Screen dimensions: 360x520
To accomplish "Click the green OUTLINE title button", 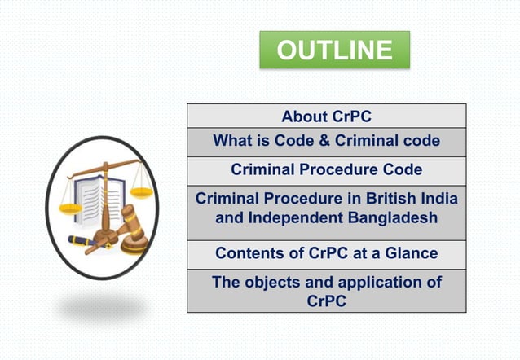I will pos(334,50).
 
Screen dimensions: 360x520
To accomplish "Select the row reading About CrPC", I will pos(326,116).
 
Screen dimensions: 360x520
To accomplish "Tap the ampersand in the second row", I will pos(324,141).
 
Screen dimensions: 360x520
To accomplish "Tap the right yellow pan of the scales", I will pos(141,193).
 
